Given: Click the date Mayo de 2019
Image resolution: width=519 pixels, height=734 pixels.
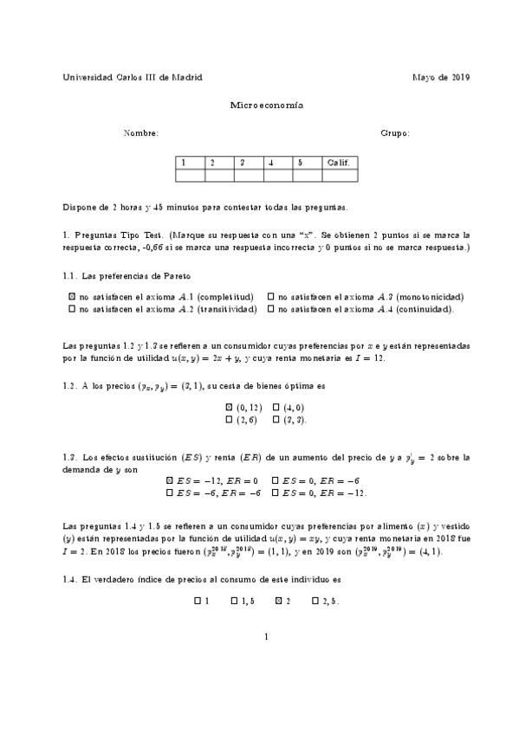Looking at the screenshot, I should click(x=441, y=77).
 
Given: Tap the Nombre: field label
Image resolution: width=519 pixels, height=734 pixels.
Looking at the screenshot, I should click(x=141, y=133).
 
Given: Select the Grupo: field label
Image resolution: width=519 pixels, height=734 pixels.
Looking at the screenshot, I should click(x=395, y=133).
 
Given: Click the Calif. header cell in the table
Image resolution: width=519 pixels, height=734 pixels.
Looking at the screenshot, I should click(x=337, y=162).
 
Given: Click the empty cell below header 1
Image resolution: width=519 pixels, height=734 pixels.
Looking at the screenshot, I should click(x=190, y=175).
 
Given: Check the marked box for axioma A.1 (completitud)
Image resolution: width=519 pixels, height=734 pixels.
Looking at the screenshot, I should click(x=72, y=296).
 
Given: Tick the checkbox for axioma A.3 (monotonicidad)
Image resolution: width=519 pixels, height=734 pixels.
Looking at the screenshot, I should click(x=272, y=296).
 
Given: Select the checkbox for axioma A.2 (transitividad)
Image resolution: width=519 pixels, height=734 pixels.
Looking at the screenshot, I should click(x=72, y=308).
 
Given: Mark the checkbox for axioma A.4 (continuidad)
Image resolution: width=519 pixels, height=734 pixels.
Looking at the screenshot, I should click(x=272, y=308).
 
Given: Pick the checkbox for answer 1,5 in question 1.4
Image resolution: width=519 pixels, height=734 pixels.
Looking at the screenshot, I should click(x=234, y=600).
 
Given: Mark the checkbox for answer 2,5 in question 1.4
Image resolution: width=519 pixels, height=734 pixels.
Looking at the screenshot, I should click(x=315, y=600).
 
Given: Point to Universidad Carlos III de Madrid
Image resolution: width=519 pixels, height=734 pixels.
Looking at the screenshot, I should click(x=133, y=77).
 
